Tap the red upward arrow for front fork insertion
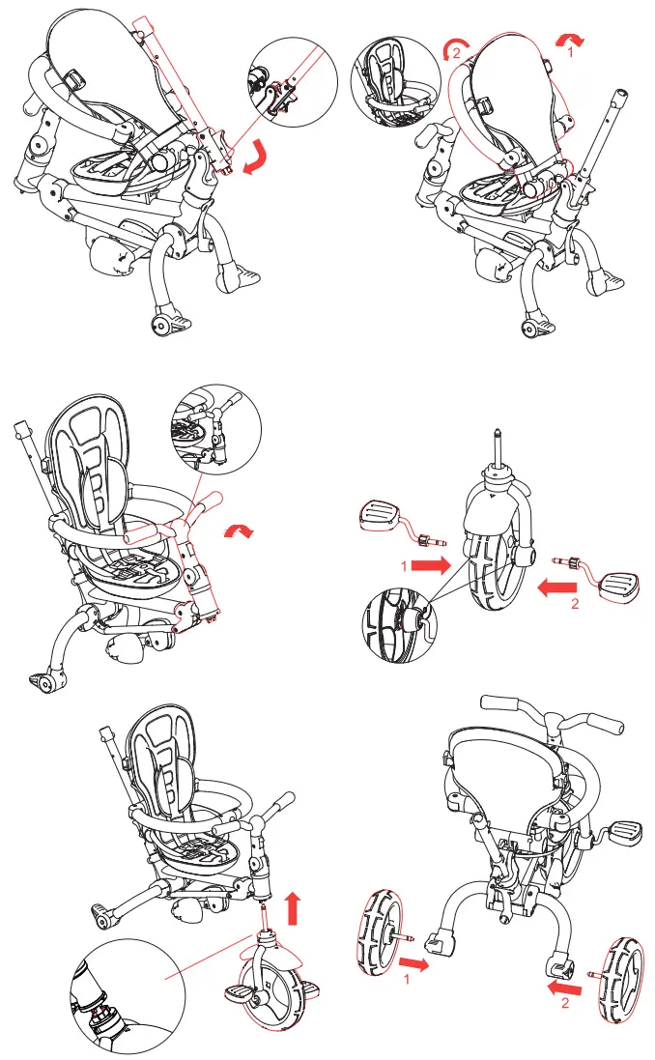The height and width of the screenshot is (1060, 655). click(295, 908)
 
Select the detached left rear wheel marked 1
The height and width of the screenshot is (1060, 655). click(378, 943)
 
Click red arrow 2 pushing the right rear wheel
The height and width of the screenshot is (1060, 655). click(565, 988)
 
